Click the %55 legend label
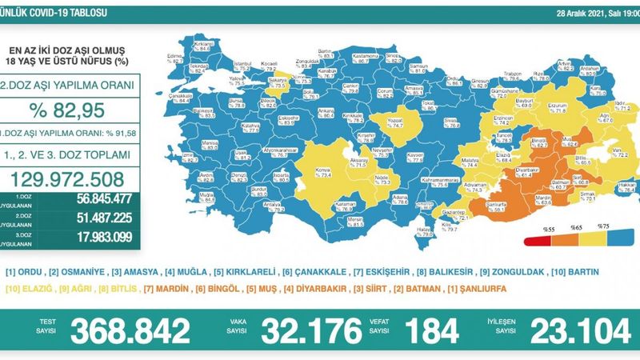tap(550, 228)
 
